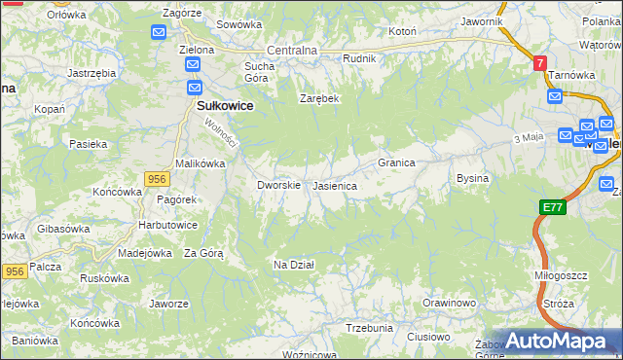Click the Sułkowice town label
pos(226,108)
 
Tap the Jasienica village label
pos(334,185)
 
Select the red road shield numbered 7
pos(539,62)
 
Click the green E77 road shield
pos(553,207)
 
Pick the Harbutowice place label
pos(167,225)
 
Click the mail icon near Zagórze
pos(160,33)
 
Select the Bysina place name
pos(472,179)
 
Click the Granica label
pos(397,162)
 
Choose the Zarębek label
pos(318,98)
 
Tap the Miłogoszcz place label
pos(562,275)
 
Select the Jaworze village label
pos(168,304)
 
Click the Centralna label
pos(292,51)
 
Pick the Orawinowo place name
pos(448,304)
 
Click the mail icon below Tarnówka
pos(554,96)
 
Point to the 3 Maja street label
pos(528,138)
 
